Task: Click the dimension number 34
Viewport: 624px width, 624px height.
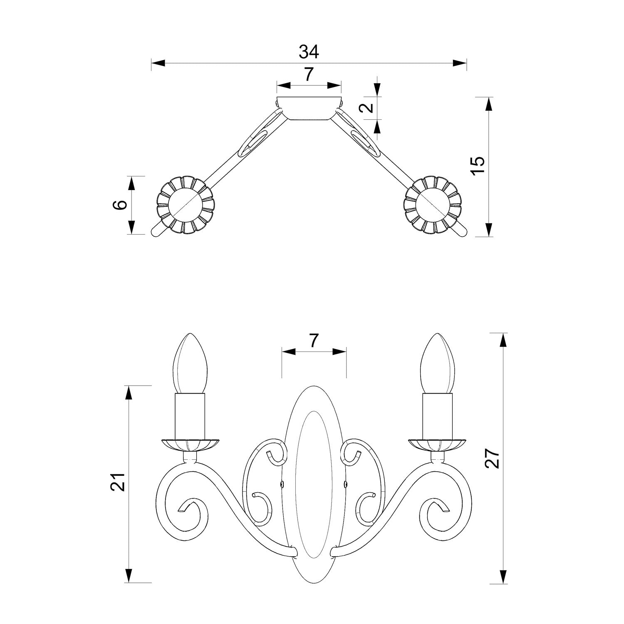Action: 309,52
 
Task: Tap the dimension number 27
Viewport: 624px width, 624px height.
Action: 493,459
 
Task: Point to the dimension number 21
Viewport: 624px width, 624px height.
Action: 118,482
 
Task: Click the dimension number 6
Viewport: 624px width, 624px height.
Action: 120,205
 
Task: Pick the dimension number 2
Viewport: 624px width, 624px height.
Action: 366,108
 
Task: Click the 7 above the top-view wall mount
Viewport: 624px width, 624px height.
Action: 308,74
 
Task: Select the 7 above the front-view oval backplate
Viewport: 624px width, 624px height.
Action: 314,341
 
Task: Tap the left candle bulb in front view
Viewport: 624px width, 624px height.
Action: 190,363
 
